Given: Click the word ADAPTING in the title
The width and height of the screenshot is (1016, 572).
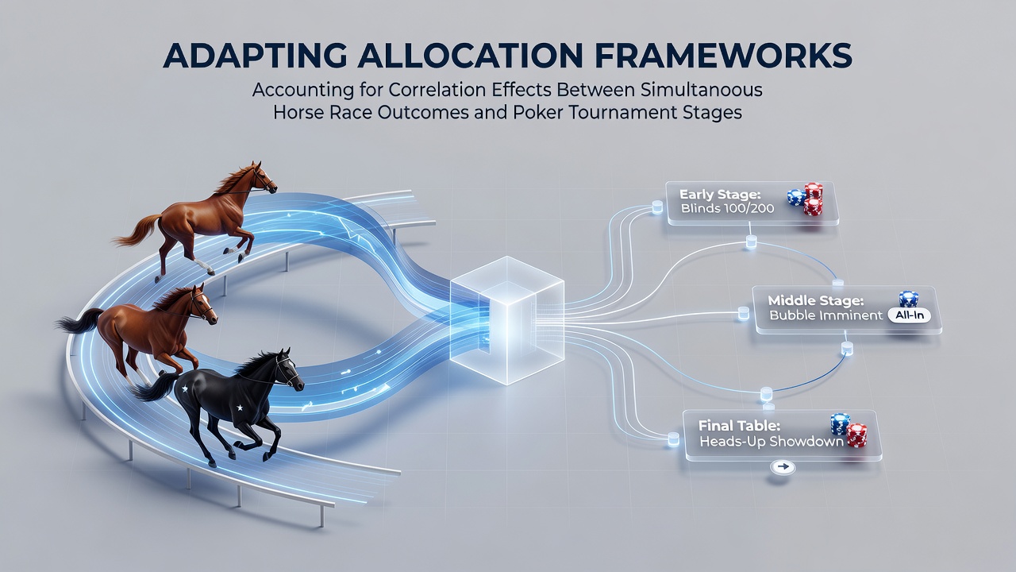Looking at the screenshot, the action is pos(255,56).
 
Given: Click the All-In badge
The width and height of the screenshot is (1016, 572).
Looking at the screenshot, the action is pos(909,315).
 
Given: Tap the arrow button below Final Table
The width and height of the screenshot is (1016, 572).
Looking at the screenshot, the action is pos(783,467).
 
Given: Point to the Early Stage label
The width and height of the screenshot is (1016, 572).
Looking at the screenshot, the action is pos(720,195).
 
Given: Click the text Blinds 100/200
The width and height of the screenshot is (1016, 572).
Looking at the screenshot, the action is pos(728,209).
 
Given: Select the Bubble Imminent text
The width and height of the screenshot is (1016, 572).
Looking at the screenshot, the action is pos(826,315).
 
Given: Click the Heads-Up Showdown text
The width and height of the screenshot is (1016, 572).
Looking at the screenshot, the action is pos(772,441).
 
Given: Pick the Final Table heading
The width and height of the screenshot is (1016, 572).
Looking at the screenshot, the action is pos(739,426).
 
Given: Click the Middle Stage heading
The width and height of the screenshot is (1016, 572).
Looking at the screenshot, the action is pos(816,300).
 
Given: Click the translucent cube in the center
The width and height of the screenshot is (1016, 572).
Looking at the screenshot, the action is pos(507,320).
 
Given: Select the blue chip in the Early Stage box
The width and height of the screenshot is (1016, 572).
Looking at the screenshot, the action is pos(796,198).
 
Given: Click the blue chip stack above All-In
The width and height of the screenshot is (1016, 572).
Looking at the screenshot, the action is pos(909,299).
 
